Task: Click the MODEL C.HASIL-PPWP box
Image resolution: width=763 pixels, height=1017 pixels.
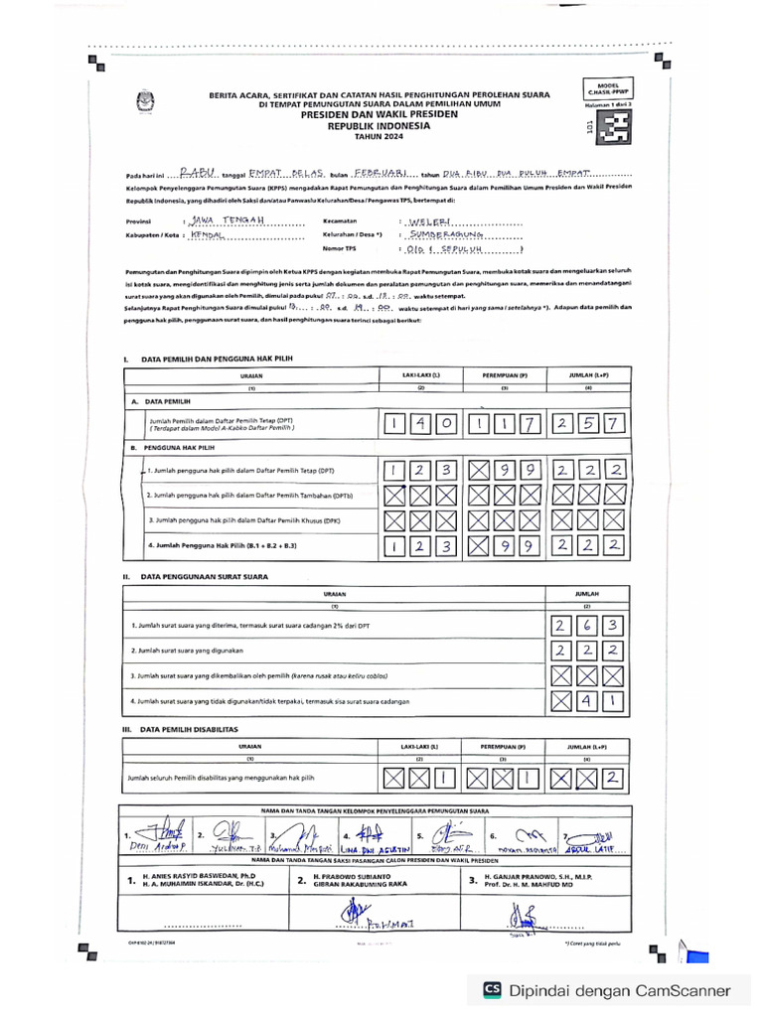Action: click(608, 90)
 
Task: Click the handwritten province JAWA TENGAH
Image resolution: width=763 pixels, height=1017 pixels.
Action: click(227, 219)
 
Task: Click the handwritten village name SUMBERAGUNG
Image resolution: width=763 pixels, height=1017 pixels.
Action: click(445, 235)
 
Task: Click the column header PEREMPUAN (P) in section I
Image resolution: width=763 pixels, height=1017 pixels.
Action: click(505, 376)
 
